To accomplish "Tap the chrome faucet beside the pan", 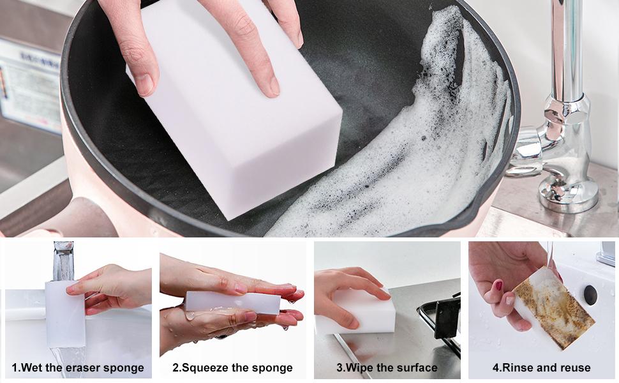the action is pyautogui.click(x=560, y=119).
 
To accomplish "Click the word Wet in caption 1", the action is pyautogui.click(x=31, y=368).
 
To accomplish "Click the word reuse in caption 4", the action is pyautogui.click(x=575, y=368).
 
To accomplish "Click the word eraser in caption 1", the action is pyautogui.click(x=82, y=368).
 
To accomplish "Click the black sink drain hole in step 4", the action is pyautogui.click(x=590, y=295).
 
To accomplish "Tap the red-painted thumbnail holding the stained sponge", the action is pyautogui.click(x=498, y=285).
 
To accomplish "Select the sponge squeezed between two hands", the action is pyautogui.click(x=233, y=303).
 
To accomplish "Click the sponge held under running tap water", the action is pyautogui.click(x=65, y=314).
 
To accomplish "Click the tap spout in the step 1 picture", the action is pyautogui.click(x=63, y=260).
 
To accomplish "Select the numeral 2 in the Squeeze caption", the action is pyautogui.click(x=175, y=368).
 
